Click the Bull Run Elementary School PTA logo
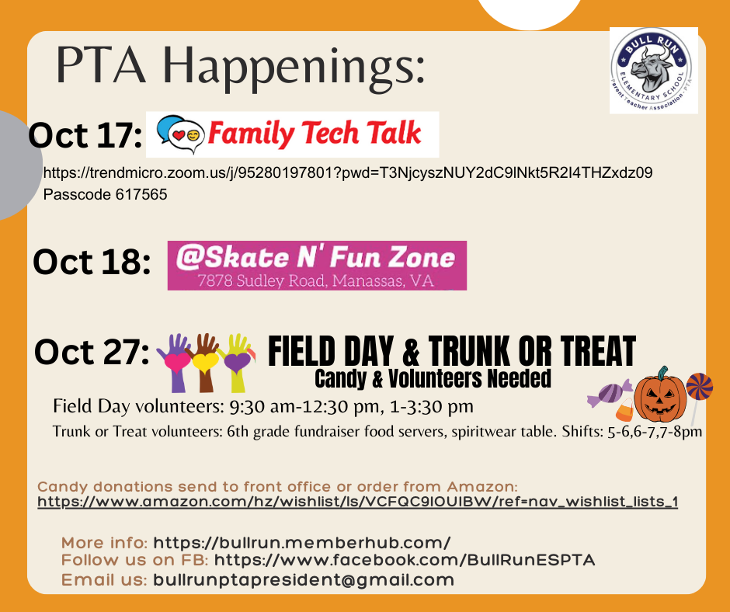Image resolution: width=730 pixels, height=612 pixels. pyautogui.click(x=653, y=71)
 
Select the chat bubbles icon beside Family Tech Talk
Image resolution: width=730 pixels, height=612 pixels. pyautogui.click(x=180, y=134)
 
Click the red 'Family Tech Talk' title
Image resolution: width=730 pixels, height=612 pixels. pyautogui.click(x=315, y=134)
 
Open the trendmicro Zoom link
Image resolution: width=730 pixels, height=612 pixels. pyautogui.click(x=347, y=172)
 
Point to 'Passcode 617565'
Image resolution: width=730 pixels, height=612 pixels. pyautogui.click(x=105, y=194)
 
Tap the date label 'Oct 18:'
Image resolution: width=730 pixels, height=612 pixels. pyautogui.click(x=92, y=263)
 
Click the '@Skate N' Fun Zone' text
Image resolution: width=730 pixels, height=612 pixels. pyautogui.click(x=316, y=256)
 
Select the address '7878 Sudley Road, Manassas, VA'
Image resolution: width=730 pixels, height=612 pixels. pyautogui.click(x=316, y=280)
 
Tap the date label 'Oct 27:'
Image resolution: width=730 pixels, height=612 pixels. pyautogui.click(x=92, y=353)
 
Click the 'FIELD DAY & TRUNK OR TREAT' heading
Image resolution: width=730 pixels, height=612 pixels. pyautogui.click(x=451, y=351)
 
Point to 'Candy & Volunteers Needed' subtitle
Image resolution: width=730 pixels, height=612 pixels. pyautogui.click(x=433, y=378)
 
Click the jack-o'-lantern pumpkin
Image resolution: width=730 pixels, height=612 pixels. pyautogui.click(x=660, y=395)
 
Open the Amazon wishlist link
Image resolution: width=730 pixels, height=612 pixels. pyautogui.click(x=357, y=502)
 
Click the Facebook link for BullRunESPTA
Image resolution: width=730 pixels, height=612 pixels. pyautogui.click(x=404, y=560)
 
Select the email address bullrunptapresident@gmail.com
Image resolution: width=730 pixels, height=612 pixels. pyautogui.click(x=303, y=579)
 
